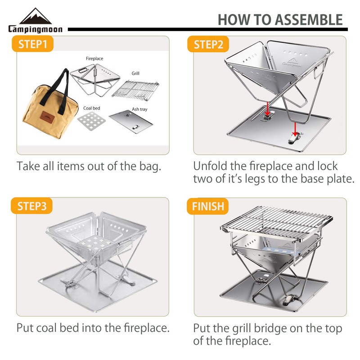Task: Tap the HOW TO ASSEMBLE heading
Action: pos(280,19)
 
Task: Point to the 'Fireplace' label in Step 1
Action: pos(94,58)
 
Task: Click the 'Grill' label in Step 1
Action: pos(135,73)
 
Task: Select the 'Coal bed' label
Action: pos(91,108)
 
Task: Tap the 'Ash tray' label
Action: pos(139,108)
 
